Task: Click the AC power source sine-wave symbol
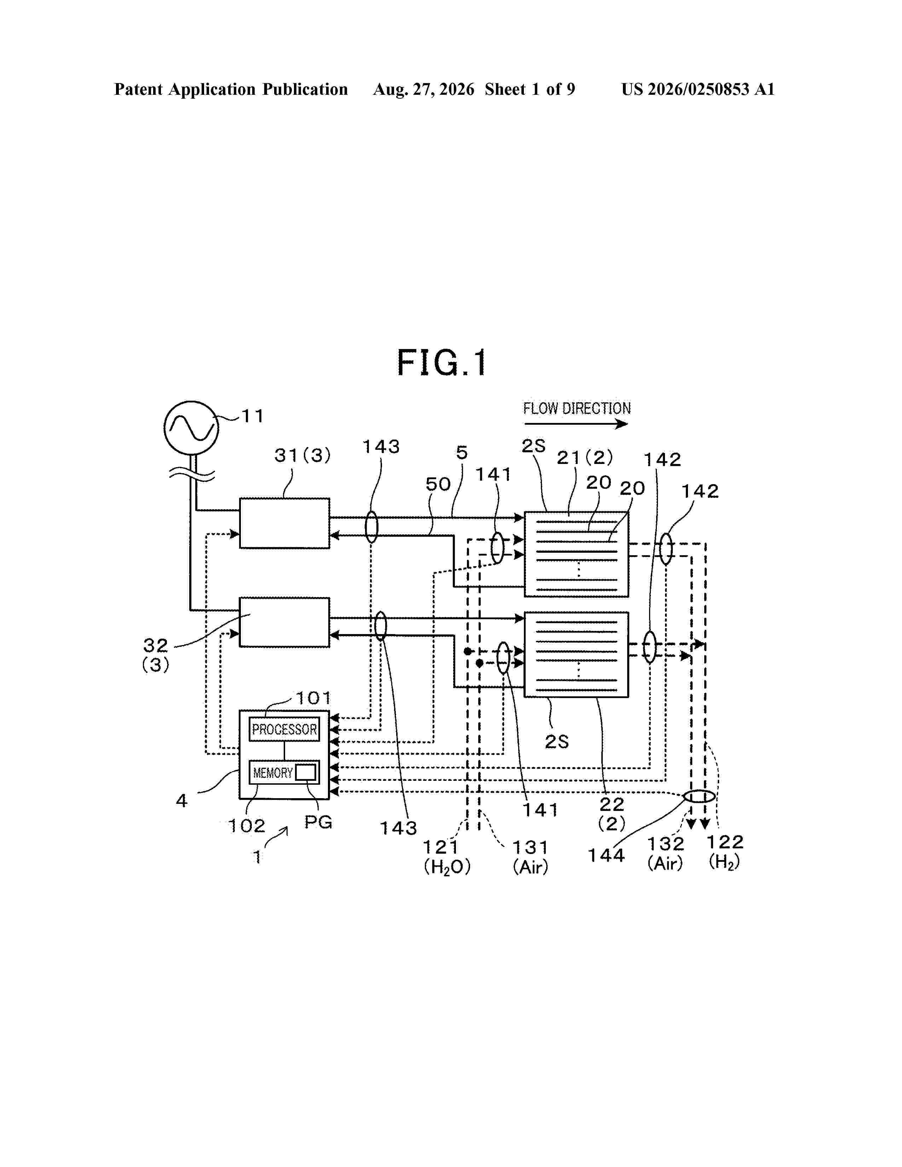(x=191, y=428)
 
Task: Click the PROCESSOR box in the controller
(x=284, y=729)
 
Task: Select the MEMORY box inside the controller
(x=284, y=772)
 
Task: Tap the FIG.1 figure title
(x=441, y=363)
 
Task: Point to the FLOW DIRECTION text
(x=577, y=409)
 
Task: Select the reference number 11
(x=253, y=416)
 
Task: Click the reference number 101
(x=314, y=698)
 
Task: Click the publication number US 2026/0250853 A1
(x=698, y=89)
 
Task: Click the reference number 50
(x=438, y=484)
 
